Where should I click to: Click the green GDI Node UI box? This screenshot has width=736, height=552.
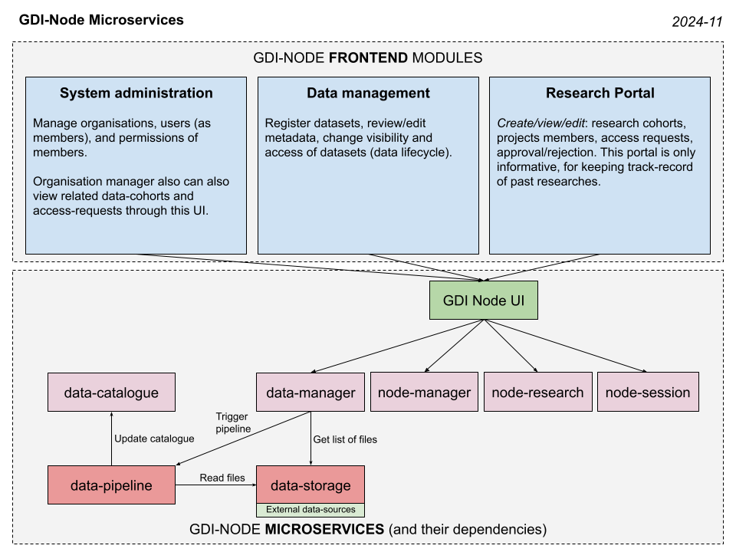click(x=483, y=301)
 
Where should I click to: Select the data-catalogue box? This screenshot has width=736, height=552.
click(x=111, y=393)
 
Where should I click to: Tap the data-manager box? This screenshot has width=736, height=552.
click(x=310, y=393)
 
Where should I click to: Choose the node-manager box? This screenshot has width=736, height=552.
click(x=424, y=393)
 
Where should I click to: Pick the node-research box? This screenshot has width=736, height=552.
click(x=537, y=393)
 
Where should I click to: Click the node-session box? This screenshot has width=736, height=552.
click(x=648, y=393)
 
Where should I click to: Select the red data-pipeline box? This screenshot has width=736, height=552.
click(x=111, y=485)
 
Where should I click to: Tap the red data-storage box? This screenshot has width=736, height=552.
click(x=310, y=485)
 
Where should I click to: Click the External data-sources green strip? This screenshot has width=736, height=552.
click(x=310, y=509)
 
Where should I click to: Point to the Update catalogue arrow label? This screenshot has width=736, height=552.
click(x=154, y=439)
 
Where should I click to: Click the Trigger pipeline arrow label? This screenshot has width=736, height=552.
click(x=233, y=422)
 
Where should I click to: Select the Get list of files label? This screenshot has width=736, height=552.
click(x=345, y=439)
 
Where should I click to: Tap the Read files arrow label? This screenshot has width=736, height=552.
click(x=222, y=478)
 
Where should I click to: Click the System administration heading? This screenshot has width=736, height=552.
click(x=136, y=94)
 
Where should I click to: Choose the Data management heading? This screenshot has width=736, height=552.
click(x=368, y=94)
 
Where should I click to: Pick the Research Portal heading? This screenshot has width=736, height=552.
click(x=600, y=94)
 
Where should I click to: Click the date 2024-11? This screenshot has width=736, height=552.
click(x=697, y=22)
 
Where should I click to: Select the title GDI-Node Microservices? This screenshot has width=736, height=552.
click(x=101, y=20)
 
